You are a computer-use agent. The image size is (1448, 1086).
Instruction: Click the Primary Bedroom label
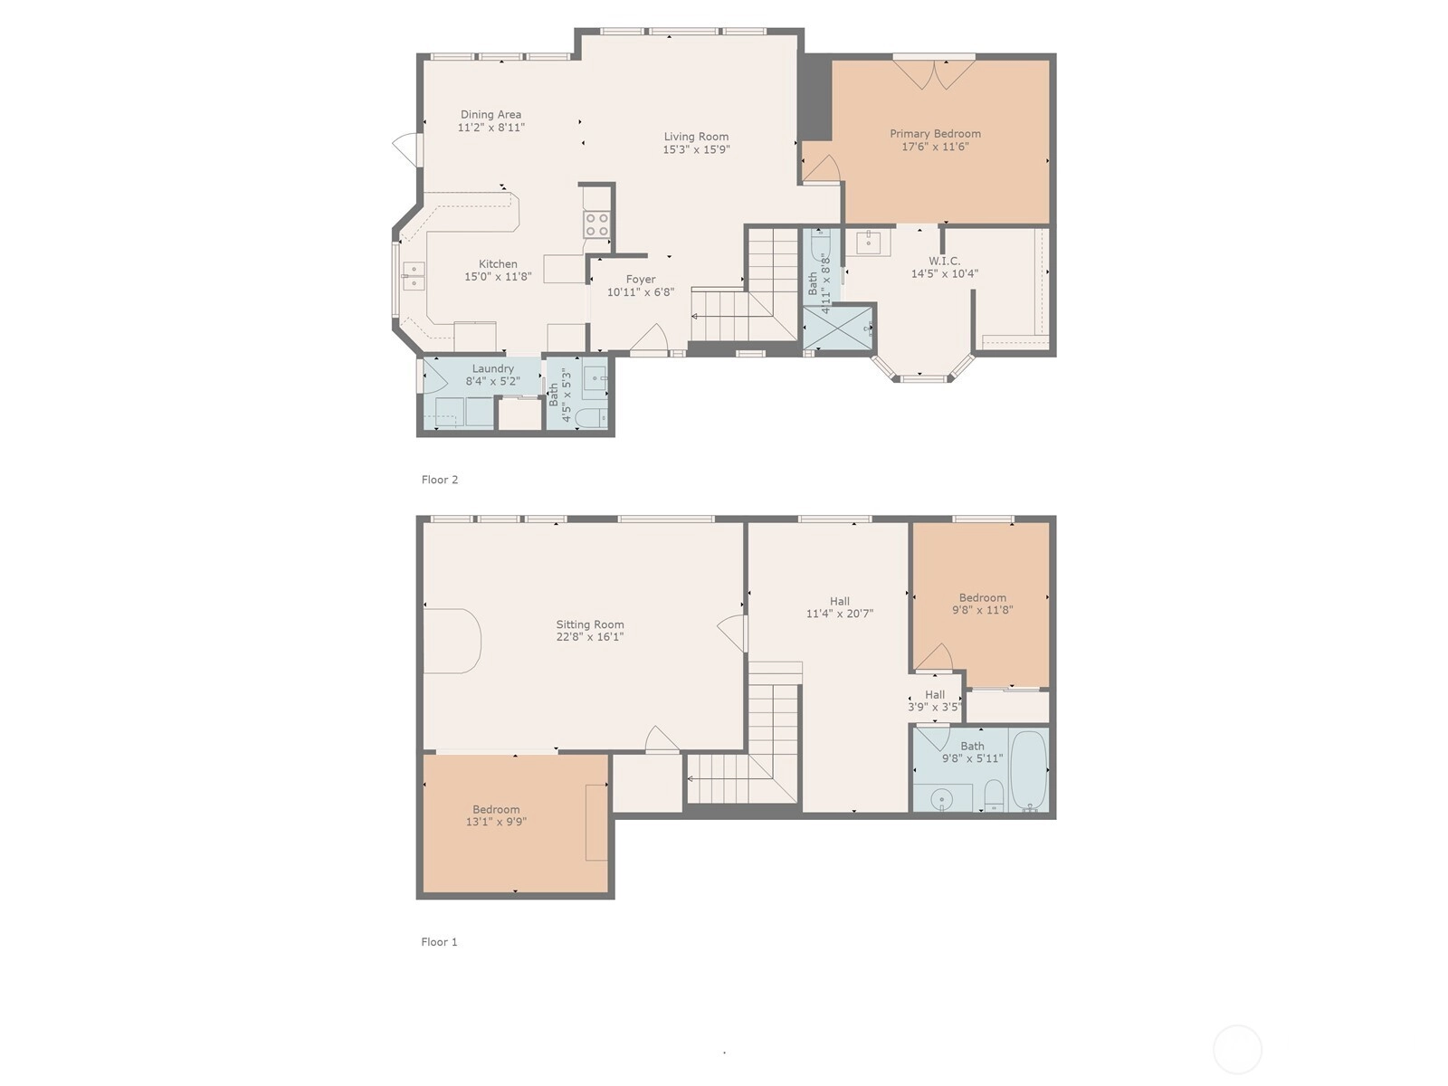tap(935, 134)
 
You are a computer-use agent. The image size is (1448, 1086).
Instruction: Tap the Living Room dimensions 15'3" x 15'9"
tap(696, 149)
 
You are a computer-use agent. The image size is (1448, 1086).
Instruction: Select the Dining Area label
tap(491, 115)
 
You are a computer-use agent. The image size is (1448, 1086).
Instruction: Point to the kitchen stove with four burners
tap(596, 224)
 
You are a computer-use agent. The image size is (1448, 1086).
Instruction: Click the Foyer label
tap(641, 280)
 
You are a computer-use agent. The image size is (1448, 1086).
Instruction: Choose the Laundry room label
tap(493, 368)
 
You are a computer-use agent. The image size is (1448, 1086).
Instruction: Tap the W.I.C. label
tap(945, 262)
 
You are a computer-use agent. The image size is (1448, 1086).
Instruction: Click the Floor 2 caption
tap(439, 480)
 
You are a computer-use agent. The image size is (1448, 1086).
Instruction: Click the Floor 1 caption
tap(439, 941)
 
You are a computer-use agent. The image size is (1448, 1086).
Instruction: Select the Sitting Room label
tap(590, 624)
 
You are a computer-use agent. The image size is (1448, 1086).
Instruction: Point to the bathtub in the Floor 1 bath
tap(1029, 770)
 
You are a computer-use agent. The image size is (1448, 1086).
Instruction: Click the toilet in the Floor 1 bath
tap(994, 795)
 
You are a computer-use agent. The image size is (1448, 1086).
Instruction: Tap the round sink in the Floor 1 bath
tap(942, 800)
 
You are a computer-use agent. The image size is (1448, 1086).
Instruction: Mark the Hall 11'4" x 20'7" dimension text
tap(839, 614)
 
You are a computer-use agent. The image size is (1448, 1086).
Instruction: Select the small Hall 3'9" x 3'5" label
tap(934, 700)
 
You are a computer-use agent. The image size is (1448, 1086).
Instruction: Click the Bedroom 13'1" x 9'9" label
tap(496, 815)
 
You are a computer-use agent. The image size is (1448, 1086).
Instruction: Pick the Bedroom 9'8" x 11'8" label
tap(982, 604)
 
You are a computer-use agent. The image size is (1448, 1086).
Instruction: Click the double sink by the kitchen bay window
tap(414, 276)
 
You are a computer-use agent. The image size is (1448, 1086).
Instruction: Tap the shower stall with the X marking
tap(838, 327)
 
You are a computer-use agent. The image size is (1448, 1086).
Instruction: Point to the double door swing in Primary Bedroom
tap(934, 74)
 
